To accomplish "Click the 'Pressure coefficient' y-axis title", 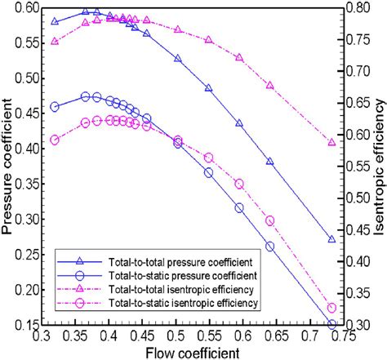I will pyautogui.click(x=9, y=163).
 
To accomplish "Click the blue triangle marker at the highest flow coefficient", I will pyautogui.click(x=331, y=239).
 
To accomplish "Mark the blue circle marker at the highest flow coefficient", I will pyautogui.click(x=331, y=325).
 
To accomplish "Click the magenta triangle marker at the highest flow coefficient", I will pyautogui.click(x=331, y=142).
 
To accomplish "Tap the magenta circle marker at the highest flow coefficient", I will pyautogui.click(x=331, y=308).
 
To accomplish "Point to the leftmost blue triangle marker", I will pyautogui.click(x=55, y=21).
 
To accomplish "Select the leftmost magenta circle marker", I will pyautogui.click(x=55, y=140).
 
